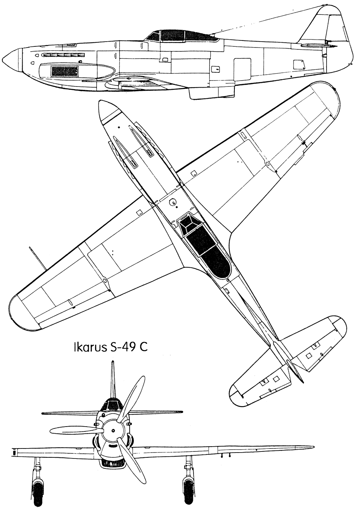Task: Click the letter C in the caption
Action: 143,348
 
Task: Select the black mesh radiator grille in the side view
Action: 65,71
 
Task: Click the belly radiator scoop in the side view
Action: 211,94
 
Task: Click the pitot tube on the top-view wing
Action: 38,258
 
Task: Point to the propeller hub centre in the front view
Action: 113,431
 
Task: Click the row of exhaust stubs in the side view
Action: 63,55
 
